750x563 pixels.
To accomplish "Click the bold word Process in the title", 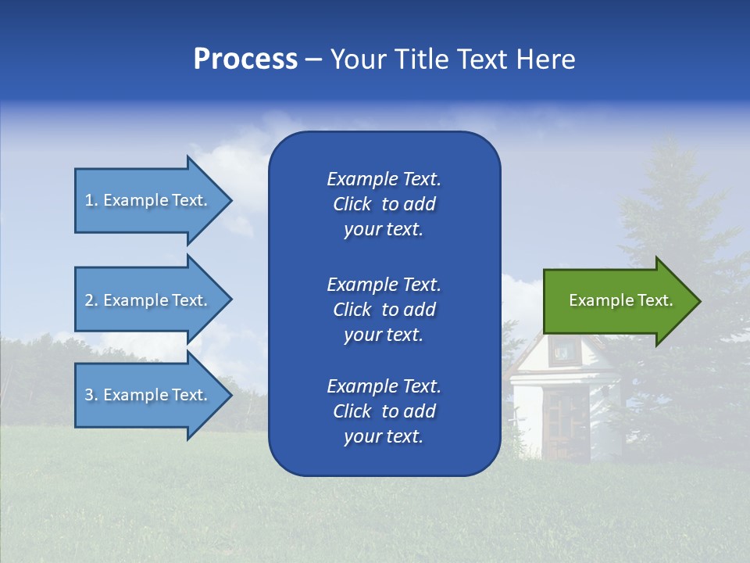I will point(245,59).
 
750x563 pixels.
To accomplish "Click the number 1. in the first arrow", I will point(91,200).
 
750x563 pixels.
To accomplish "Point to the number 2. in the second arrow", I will point(91,300).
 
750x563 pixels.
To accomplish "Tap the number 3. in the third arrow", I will point(91,395).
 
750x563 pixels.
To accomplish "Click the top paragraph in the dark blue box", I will point(384,204).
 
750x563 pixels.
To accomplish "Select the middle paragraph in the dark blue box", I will point(384,309).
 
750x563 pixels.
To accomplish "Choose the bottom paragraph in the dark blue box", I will point(384,411).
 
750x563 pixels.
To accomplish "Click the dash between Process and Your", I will point(313,60).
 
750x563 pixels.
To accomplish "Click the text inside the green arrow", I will point(621,300).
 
